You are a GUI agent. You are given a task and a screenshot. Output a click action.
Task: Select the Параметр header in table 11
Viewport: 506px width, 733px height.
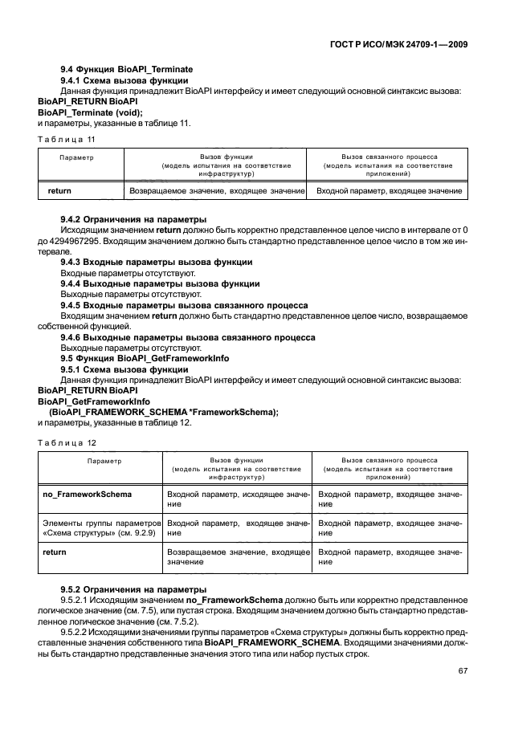(x=76, y=158)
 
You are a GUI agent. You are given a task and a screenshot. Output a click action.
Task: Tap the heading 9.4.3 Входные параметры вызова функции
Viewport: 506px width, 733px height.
(x=157, y=262)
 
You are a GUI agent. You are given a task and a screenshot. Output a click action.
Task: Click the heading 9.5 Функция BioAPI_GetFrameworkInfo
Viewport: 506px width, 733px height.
(x=145, y=358)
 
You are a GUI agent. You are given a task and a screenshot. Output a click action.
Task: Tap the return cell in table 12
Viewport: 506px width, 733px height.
(x=54, y=552)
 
